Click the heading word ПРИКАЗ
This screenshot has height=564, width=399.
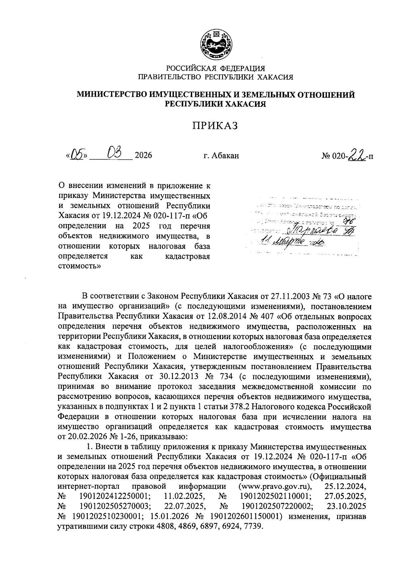coord(216,126)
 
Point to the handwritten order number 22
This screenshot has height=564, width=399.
coord(357,154)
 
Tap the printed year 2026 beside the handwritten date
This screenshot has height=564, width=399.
coord(143,155)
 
